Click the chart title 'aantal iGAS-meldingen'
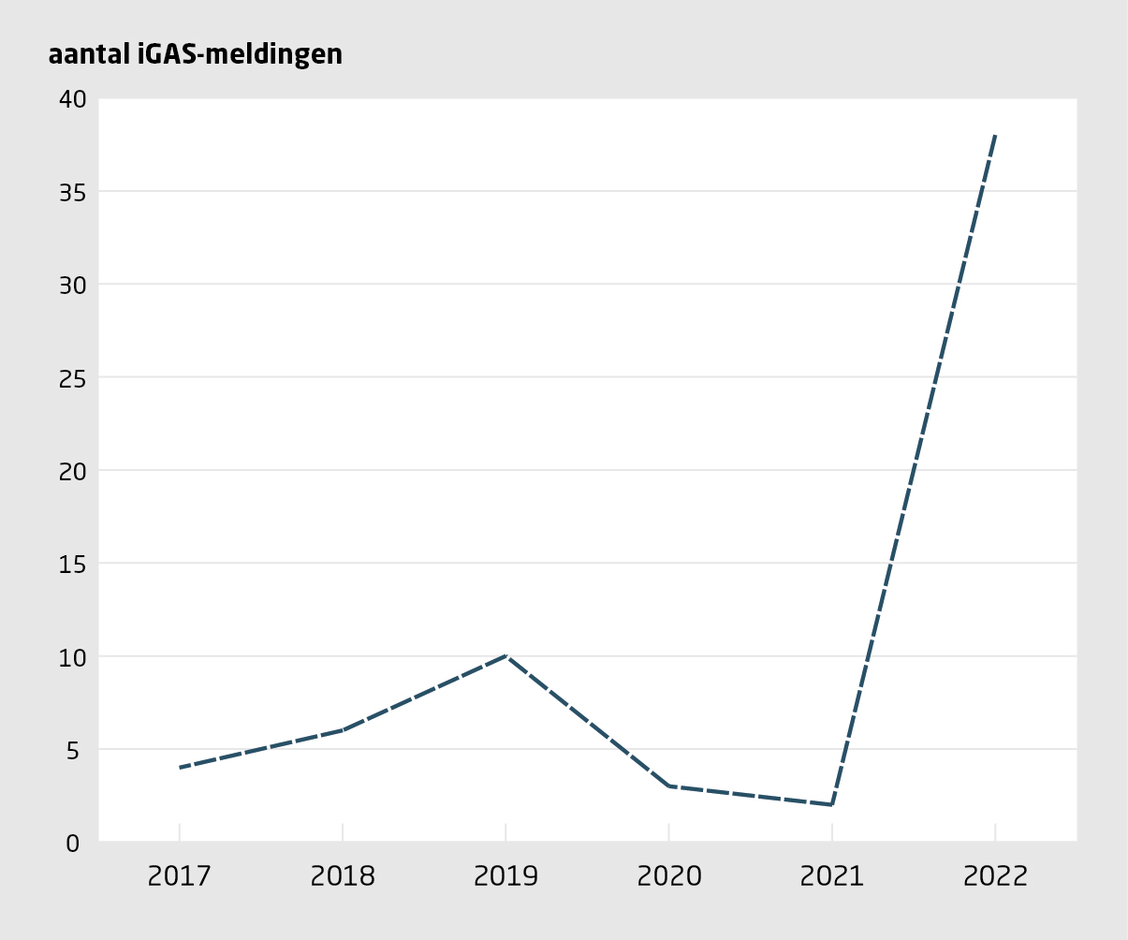[195, 55]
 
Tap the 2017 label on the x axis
[180, 876]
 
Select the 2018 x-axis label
[343, 876]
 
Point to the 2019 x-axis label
[505, 876]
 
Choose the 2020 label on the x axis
[668, 876]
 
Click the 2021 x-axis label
[831, 876]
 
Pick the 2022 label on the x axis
[994, 876]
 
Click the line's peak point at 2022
[994, 136]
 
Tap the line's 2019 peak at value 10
[505, 655]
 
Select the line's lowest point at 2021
[831, 804]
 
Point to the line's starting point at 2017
[180, 768]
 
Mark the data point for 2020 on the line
[668, 786]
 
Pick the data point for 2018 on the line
[343, 730]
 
